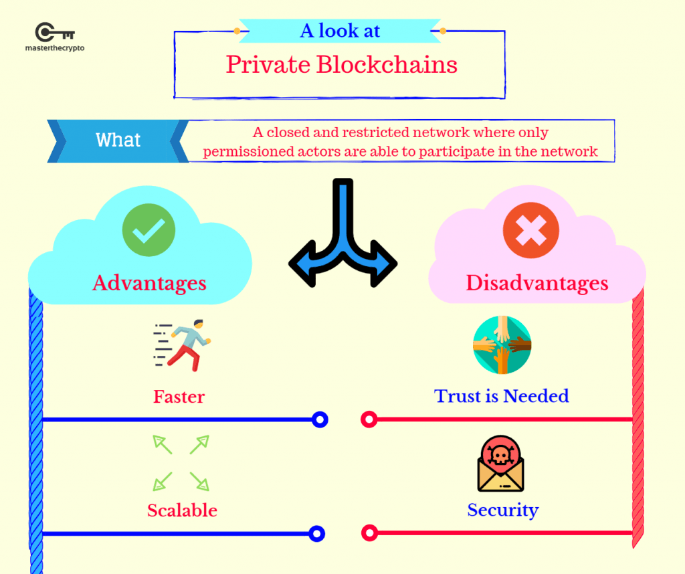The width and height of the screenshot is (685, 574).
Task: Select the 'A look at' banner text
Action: pyautogui.click(x=340, y=31)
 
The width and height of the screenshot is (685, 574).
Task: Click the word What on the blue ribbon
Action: pyautogui.click(x=118, y=140)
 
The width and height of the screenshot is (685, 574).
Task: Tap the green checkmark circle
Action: pyautogui.click(x=149, y=231)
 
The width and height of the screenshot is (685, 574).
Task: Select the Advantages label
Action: pyautogui.click(x=149, y=283)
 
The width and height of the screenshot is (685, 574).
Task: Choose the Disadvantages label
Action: pyautogui.click(x=537, y=283)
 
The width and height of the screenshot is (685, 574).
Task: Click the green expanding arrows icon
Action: pyautogui.click(x=181, y=463)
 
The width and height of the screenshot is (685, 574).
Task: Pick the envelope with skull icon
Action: pyautogui.click(x=500, y=464)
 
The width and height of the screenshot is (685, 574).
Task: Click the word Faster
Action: pyautogui.click(x=179, y=397)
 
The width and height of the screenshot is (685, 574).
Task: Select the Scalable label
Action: pyautogui.click(x=182, y=510)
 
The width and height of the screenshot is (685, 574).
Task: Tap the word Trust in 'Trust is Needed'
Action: pyautogui.click(x=458, y=396)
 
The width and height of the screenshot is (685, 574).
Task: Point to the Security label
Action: pyautogui.click(x=502, y=510)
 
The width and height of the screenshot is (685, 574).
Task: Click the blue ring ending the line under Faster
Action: pyautogui.click(x=320, y=419)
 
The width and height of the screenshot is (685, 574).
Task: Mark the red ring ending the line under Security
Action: pyautogui.click(x=369, y=533)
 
